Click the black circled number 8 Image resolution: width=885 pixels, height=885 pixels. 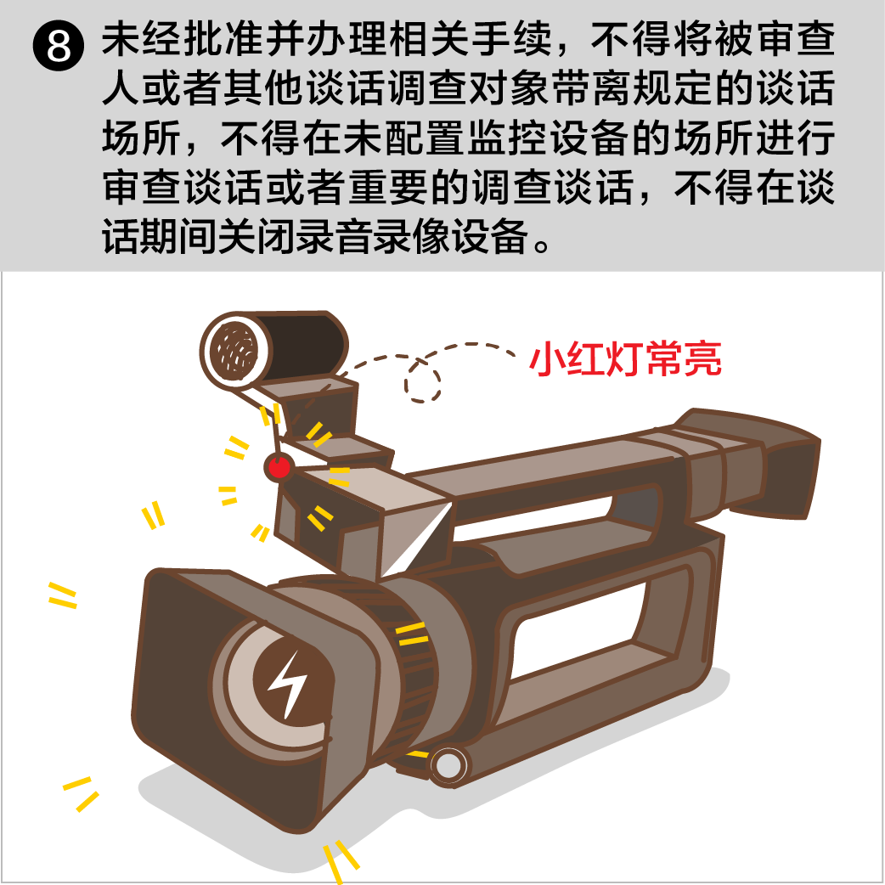click(59, 44)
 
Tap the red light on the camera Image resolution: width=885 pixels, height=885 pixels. click(279, 467)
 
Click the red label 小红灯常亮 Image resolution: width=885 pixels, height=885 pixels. click(625, 358)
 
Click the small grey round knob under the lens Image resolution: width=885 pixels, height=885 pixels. click(449, 765)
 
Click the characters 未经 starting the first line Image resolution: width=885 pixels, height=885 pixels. click(142, 40)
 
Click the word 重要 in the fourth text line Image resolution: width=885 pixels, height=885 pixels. click(388, 187)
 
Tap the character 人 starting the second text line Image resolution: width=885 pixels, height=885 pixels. click(121, 88)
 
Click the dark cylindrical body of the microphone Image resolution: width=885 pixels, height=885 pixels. click(304, 342)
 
